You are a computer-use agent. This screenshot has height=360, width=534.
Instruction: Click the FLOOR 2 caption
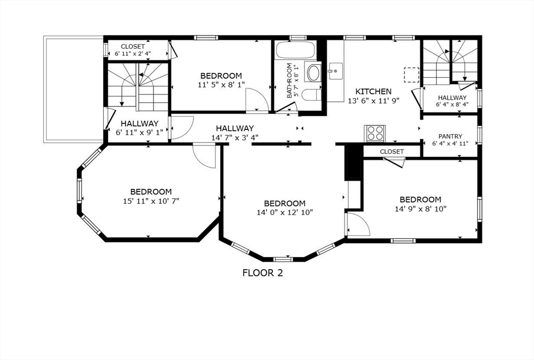[263, 272]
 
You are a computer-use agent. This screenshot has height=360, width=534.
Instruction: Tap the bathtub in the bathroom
[295, 51]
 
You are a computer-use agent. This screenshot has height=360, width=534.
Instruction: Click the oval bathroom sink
[313, 73]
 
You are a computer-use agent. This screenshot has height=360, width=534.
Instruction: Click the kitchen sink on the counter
[335, 68]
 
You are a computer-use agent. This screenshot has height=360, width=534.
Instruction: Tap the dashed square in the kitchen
[412, 75]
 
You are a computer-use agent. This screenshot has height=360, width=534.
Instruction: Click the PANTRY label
[451, 137]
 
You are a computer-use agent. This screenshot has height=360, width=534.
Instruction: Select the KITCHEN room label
[373, 91]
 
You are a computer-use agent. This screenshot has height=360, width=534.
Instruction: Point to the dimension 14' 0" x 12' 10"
[285, 212]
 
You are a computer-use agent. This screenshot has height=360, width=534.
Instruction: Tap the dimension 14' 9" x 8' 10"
[420, 208]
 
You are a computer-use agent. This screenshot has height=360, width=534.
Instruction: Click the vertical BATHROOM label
[289, 80]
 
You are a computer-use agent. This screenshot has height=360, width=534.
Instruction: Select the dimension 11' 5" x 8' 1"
[221, 85]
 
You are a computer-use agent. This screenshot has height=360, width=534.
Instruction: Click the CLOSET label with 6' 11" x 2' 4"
[133, 53]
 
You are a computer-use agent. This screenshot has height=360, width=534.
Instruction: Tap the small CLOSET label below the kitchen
[392, 152]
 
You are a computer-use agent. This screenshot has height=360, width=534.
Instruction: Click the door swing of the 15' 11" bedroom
[204, 156]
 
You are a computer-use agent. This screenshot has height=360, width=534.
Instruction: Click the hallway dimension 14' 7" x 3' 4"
[235, 137]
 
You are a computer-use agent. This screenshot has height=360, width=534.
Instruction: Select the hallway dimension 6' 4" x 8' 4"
[452, 104]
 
